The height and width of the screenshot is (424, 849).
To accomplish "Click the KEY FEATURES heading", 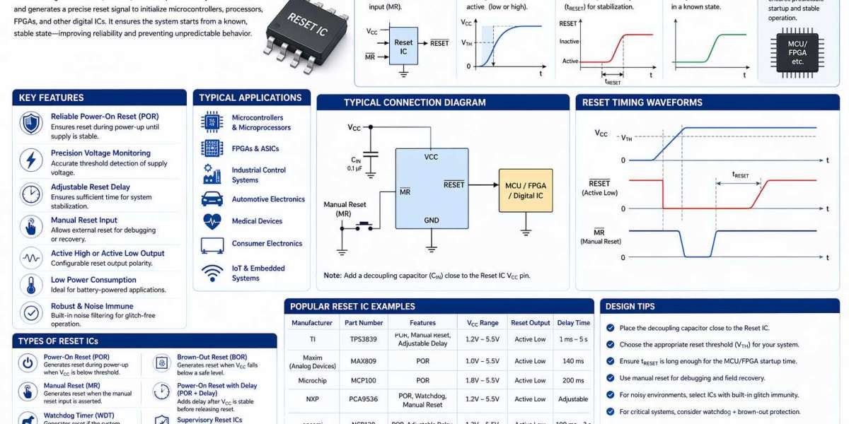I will [51, 98].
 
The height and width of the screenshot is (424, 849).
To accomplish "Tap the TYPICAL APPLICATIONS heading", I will [250, 98].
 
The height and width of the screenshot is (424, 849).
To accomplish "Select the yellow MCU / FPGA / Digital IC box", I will [526, 191].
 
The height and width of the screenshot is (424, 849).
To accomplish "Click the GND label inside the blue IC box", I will [431, 220].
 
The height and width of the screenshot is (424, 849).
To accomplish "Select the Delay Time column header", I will [573, 323].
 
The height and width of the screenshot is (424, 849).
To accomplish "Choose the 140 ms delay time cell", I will [573, 361].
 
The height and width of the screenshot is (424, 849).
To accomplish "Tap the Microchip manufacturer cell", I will [312, 380].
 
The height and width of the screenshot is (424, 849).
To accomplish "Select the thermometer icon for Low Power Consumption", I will [31, 285].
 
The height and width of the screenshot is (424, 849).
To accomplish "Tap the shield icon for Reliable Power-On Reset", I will [31, 122].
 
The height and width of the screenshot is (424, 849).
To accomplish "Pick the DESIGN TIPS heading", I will [630, 307].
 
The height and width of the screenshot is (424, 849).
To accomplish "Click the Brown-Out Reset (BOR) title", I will [212, 358].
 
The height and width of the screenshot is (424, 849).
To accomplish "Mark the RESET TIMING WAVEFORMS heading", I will [642, 102].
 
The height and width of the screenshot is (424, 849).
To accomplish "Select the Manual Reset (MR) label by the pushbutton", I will [345, 209].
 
